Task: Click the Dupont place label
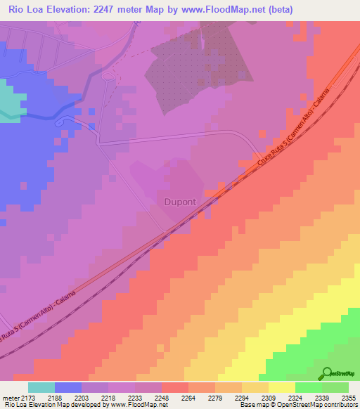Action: click(184, 202)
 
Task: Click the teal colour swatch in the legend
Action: click(41, 387)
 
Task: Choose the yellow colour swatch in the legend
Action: click(281, 387)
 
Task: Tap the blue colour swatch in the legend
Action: click(68, 387)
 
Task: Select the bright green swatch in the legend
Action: click(308, 387)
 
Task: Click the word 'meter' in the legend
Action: click(12, 398)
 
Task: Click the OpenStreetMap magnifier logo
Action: click(326, 374)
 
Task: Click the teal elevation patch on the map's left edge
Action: click(9, 102)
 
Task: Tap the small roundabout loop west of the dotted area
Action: click(108, 75)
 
